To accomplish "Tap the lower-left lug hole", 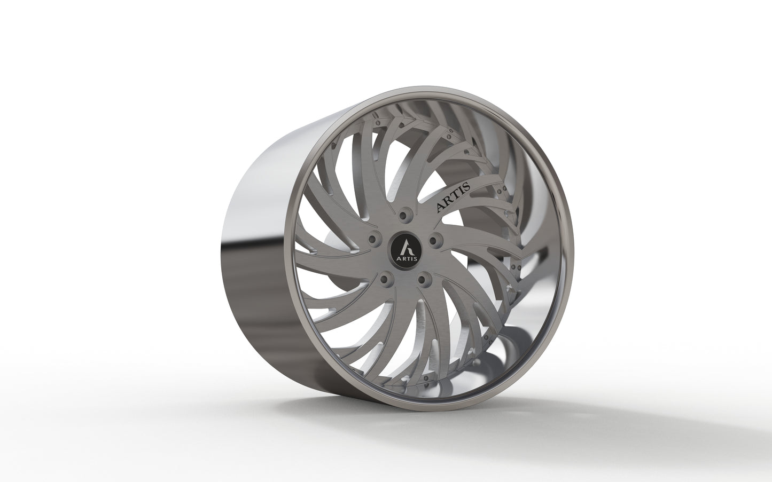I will coord(385,278).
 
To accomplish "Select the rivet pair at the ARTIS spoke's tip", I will coord(501,191).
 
